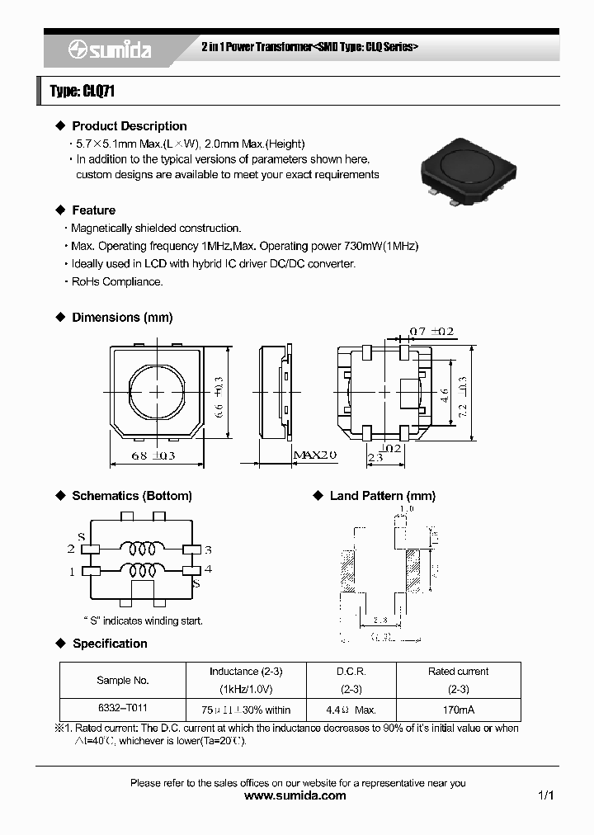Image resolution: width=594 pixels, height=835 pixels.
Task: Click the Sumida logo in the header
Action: pyautogui.click(x=109, y=50)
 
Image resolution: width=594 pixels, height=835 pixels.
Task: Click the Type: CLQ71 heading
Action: pyautogui.click(x=82, y=92)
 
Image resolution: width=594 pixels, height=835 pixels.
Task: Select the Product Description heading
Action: pyautogui.click(x=129, y=126)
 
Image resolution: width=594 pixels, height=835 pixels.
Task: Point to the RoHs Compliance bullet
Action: pyautogui.click(x=116, y=281)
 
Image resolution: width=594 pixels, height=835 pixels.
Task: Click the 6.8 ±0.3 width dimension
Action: pyautogui.click(x=153, y=455)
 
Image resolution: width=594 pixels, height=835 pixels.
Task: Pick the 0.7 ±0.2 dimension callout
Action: pyautogui.click(x=431, y=332)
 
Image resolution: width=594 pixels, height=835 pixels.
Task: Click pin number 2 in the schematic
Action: pyautogui.click(x=71, y=549)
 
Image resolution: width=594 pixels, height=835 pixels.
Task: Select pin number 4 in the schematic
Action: pyautogui.click(x=209, y=568)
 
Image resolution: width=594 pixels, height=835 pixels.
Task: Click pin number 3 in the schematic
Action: pyautogui.click(x=209, y=549)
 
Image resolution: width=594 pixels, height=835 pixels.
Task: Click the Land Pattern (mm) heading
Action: pyautogui.click(x=382, y=496)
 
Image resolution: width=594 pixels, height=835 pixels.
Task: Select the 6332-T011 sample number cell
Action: pyautogui.click(x=123, y=707)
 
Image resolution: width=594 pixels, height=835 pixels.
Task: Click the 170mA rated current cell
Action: pyautogui.click(x=458, y=710)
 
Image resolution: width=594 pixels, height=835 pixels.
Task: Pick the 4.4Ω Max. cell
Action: pyautogui.click(x=351, y=710)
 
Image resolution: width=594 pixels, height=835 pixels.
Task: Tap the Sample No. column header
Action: pyautogui.click(x=123, y=680)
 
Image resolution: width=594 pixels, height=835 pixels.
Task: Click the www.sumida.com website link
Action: pyautogui.click(x=296, y=796)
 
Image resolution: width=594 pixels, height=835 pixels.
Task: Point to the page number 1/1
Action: pyautogui.click(x=544, y=796)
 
